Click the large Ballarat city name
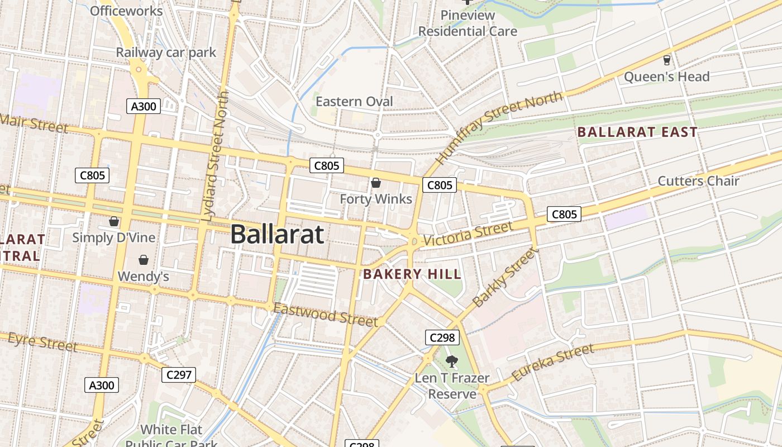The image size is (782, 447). [277, 234]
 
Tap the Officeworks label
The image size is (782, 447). [126, 11]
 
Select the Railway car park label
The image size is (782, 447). [166, 53]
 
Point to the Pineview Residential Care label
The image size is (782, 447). [468, 23]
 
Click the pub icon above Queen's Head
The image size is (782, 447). [666, 60]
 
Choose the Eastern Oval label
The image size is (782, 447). [354, 102]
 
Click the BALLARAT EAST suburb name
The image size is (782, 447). [637, 132]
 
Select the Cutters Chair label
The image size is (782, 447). [698, 181]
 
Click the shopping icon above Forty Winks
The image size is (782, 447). [376, 183]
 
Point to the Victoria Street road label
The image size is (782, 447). [468, 234]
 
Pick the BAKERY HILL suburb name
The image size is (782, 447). [412, 274]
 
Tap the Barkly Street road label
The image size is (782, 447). [506, 278]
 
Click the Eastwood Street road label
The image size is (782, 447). [325, 315]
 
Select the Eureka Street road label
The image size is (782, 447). [552, 363]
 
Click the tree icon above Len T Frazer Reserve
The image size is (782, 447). [452, 362]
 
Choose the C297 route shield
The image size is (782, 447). [179, 375]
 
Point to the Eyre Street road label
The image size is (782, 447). [42, 341]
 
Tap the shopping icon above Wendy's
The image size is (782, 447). [144, 260]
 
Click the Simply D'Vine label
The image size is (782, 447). [114, 238]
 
